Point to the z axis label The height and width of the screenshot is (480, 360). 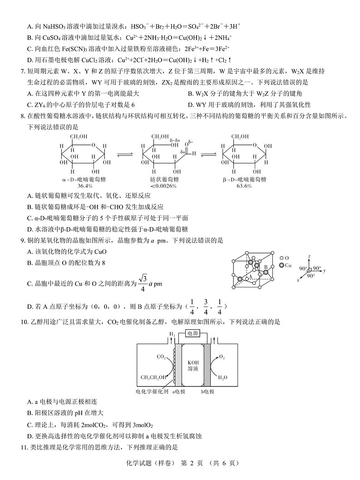tap(309, 257)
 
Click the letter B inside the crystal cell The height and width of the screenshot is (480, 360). tap(266, 267)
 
